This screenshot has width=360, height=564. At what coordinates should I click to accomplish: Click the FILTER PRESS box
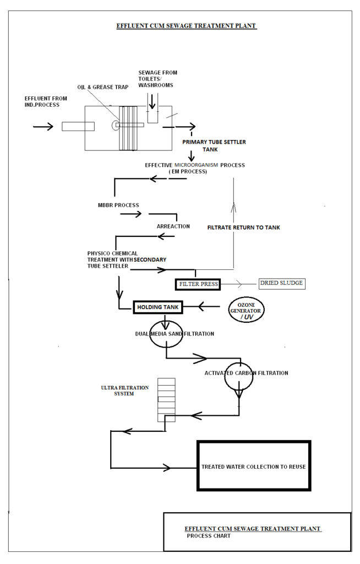tap(197, 284)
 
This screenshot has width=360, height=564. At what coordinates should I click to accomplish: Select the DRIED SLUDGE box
tap(281, 284)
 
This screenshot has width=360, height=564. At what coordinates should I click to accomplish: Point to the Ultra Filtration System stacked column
tap(166, 400)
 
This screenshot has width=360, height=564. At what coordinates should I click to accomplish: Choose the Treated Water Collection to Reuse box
tap(254, 466)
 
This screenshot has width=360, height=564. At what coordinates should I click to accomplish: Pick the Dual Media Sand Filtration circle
tap(166, 334)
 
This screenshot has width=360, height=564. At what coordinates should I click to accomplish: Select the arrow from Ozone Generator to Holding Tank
tap(209, 306)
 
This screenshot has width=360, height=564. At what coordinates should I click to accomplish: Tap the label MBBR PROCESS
tap(115, 205)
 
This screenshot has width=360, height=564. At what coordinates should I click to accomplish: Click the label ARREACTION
tap(173, 226)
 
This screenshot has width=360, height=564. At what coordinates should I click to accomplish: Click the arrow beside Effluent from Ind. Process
tap(43, 126)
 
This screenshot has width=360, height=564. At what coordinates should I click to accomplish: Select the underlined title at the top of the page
tap(187, 26)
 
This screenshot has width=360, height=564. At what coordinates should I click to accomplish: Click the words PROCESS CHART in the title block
tap(209, 536)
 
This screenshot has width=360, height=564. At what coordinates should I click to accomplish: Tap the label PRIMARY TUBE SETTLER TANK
tap(214, 145)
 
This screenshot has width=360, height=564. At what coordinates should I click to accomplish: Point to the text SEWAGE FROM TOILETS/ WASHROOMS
tap(157, 79)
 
